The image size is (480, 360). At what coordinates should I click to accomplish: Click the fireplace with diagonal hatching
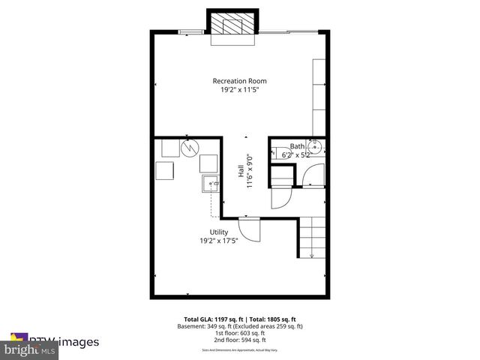tap(232, 24)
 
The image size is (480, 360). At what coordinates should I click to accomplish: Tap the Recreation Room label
tap(239, 81)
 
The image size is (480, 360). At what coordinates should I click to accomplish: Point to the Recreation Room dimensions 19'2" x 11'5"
tap(239, 90)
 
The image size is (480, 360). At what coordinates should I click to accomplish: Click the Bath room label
tap(298, 146)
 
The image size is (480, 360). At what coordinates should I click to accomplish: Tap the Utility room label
tap(219, 232)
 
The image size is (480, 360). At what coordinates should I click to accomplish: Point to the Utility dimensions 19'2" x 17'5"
tap(219, 241)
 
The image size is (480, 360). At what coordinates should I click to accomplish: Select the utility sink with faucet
tap(210, 182)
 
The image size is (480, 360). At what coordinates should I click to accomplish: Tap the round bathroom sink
tap(317, 147)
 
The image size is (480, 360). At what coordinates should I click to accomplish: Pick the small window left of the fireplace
tap(190, 31)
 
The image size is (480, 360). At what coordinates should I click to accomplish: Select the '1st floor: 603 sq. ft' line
tap(239, 333)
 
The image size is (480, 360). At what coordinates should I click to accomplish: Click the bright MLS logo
tap(30, 349)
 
